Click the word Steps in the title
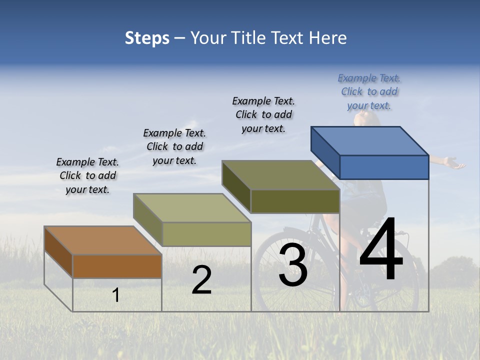pyautogui.click(x=147, y=38)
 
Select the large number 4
pyautogui.click(x=381, y=250)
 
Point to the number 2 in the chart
pyautogui.click(x=202, y=280)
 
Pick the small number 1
pyautogui.click(x=116, y=295)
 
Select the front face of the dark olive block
pyautogui.click(x=295, y=201)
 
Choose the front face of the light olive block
pyautogui.click(x=206, y=234)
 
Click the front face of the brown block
pyautogui.click(x=117, y=266)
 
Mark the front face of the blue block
pyautogui.click(x=384, y=167)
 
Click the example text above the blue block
pyautogui.click(x=369, y=92)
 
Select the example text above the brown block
pyautogui.click(x=87, y=175)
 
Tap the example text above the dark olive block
pyautogui.click(x=263, y=114)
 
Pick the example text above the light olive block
pyautogui.click(x=174, y=146)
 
